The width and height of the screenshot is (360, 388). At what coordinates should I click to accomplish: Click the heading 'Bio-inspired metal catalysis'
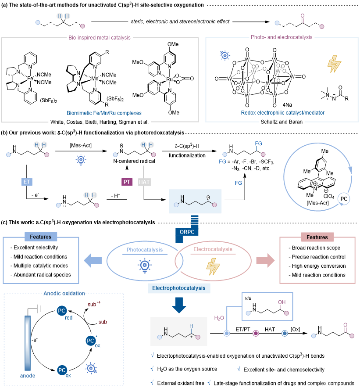pos(100,38)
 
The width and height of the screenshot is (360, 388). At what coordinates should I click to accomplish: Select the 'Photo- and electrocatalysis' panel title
pos(282,38)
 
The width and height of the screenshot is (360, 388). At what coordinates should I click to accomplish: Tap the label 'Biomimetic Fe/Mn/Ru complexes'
pos(104,113)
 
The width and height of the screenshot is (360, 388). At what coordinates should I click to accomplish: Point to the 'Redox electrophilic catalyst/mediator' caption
pos(282,113)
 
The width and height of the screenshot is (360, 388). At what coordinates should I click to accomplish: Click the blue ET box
pos(27,181)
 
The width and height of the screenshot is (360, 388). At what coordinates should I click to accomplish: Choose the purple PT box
pos(127,182)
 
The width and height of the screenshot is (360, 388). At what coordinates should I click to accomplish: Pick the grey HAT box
pos(144,182)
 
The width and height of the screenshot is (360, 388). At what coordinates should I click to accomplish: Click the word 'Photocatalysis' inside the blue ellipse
pos(144,250)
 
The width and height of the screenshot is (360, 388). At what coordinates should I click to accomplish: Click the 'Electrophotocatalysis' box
pos(179,288)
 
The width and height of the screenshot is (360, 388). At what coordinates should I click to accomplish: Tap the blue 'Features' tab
pos(41,237)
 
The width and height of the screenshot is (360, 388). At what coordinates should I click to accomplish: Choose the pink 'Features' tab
pos(317,237)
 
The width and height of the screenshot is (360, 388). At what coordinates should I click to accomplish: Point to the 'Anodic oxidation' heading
pos(64,294)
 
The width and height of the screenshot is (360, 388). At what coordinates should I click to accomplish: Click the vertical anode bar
pos(28,343)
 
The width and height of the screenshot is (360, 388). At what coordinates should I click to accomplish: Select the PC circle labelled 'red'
pos(62,311)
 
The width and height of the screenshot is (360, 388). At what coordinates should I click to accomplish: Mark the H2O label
pos(219,318)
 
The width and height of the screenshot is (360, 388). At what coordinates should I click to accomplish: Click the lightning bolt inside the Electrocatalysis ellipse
pos(213,266)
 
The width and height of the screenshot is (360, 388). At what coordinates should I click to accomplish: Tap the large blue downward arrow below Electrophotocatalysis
pos(179,305)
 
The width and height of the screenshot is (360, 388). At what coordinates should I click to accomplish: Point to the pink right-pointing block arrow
pos(265,261)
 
